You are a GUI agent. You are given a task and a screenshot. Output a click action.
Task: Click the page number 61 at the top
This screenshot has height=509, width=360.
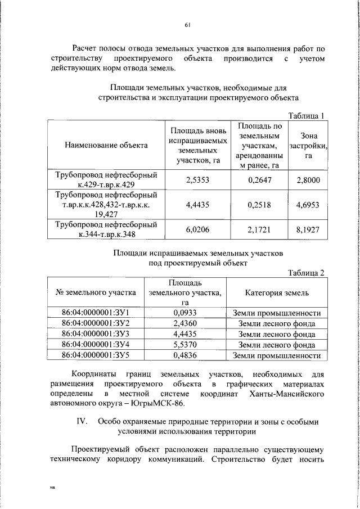(x=187, y=24)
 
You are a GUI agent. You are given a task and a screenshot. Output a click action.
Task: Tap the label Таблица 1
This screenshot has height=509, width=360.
(x=306, y=116)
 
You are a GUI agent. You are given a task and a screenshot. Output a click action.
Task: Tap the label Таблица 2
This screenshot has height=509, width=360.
(x=306, y=273)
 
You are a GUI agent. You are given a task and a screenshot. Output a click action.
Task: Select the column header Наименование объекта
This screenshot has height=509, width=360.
(x=106, y=145)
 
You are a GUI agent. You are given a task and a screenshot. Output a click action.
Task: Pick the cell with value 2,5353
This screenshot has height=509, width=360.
(x=197, y=180)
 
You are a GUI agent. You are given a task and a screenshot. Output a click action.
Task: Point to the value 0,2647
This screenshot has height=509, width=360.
(x=259, y=180)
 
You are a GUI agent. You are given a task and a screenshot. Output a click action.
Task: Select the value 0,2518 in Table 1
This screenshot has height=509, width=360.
(x=259, y=205)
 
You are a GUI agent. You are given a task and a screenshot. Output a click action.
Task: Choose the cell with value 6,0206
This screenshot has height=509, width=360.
(x=197, y=230)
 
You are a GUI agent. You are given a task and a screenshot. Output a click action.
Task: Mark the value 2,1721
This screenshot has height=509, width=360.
(x=259, y=230)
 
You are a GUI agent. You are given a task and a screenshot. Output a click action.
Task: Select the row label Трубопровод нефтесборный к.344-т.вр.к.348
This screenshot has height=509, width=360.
(x=106, y=230)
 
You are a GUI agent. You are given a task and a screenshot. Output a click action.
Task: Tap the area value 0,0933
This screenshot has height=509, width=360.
(x=184, y=313)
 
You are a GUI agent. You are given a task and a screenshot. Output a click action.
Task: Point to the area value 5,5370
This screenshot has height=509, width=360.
(x=184, y=345)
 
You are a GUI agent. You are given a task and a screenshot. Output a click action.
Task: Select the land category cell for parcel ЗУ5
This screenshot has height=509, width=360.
(x=276, y=355)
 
